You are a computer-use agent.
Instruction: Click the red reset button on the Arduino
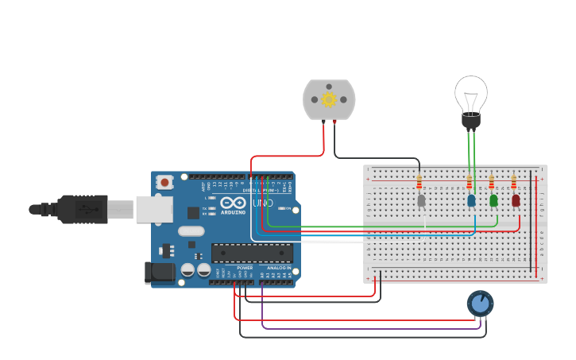tap(164, 182)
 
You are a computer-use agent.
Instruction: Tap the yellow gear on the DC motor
tap(329, 99)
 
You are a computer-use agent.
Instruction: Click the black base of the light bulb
tap(471, 121)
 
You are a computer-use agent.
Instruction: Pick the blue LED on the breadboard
tap(471, 200)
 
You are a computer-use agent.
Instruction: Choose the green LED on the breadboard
tap(493, 200)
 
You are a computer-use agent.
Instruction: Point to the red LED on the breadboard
tap(516, 200)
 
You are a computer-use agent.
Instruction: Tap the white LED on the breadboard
tap(421, 200)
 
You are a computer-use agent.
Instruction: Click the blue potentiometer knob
tap(480, 303)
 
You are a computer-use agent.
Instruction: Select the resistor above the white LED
tap(419, 183)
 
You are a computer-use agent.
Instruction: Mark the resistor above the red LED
tap(513, 182)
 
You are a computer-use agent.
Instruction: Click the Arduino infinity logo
tap(234, 203)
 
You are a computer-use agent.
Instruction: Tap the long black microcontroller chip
tap(252, 253)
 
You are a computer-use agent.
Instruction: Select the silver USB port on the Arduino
tap(154, 210)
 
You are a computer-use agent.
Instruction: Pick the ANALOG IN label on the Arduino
tap(278, 268)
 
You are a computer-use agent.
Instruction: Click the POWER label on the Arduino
tap(245, 268)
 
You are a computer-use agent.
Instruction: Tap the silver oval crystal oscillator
tap(191, 231)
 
